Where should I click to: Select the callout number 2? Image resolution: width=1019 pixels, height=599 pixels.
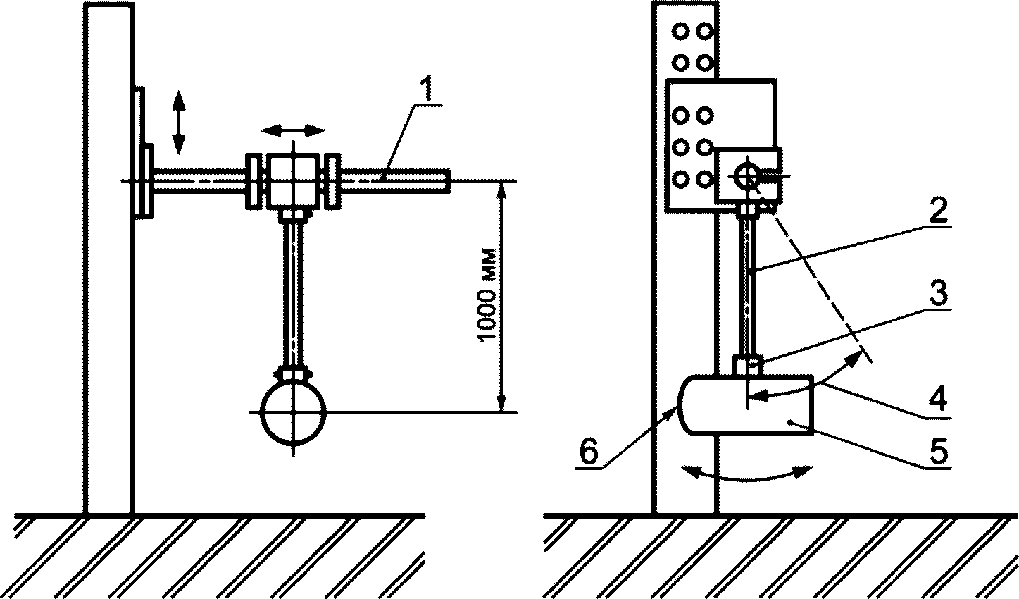click(x=937, y=210)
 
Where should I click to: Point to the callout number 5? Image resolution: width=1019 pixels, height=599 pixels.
click(x=939, y=451)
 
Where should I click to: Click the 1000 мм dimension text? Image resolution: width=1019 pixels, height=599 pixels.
click(x=487, y=294)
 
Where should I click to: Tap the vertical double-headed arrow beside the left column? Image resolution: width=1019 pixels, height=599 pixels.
click(x=178, y=122)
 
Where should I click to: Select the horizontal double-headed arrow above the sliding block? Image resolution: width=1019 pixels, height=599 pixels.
click(x=294, y=130)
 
